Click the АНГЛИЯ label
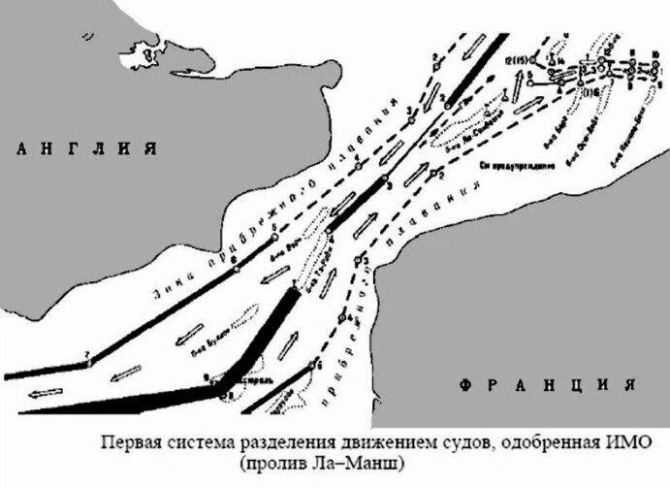coord(81,149)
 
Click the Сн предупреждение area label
coord(517,165)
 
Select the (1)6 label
coord(588,90)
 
